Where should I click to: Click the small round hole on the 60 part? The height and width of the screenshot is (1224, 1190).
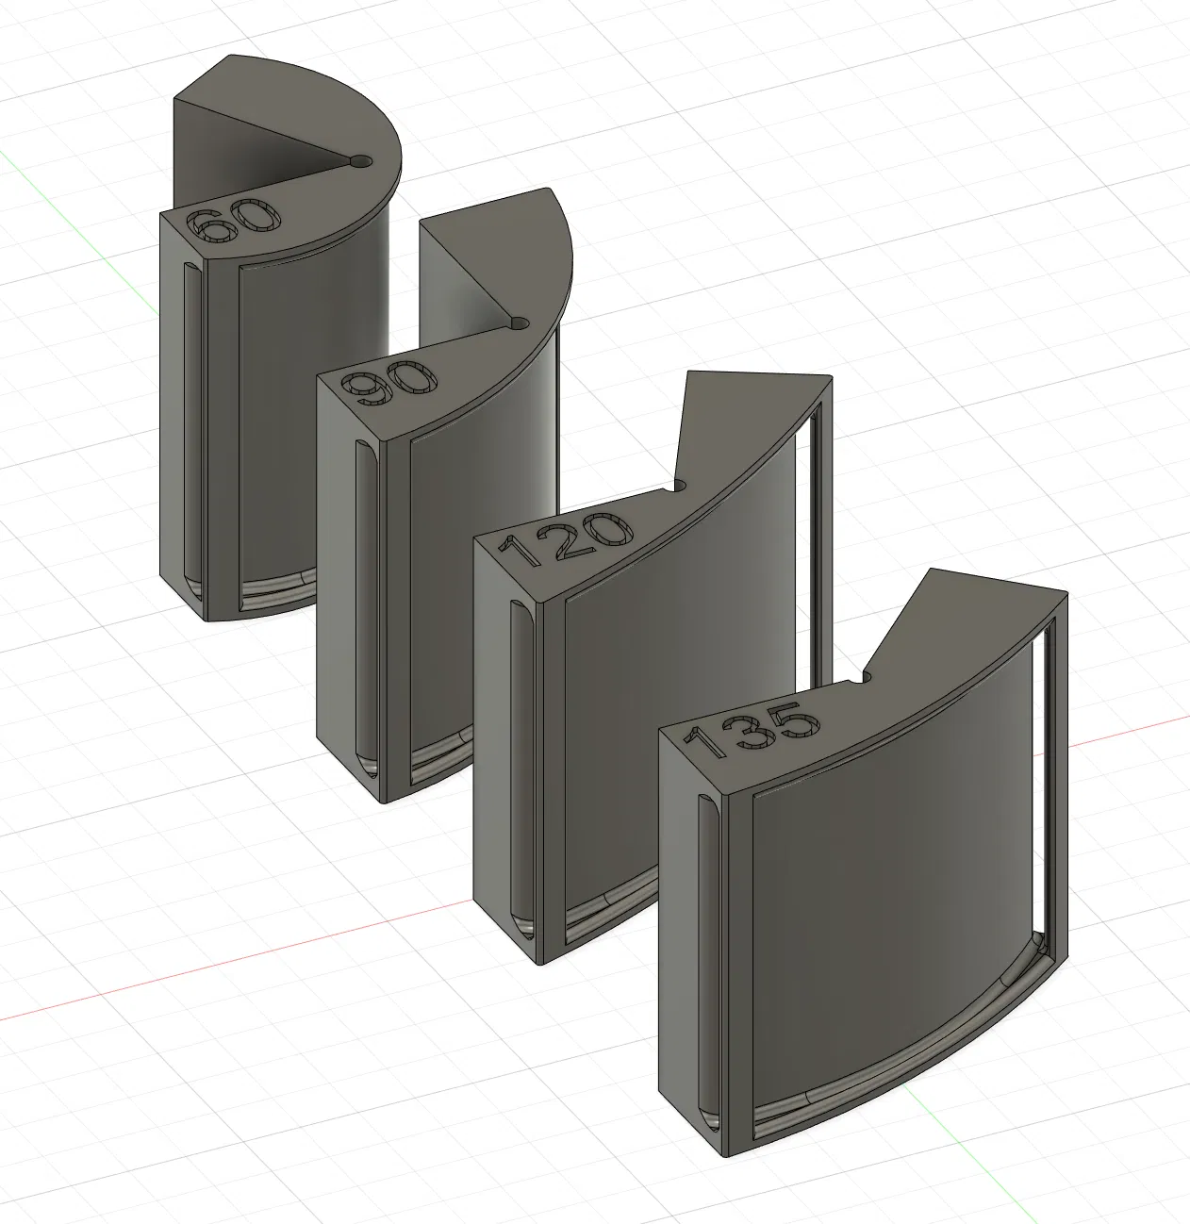click(361, 161)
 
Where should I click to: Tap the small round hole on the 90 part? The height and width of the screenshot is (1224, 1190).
click(521, 324)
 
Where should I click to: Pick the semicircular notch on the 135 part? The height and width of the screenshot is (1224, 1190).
click(866, 677)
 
